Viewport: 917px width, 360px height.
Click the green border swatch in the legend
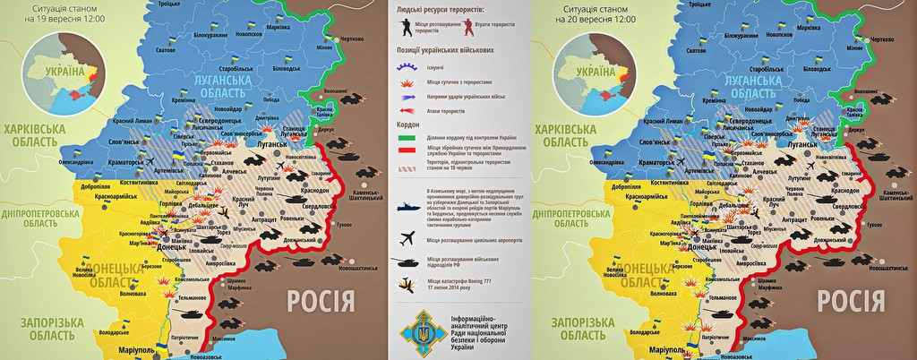click(407, 138)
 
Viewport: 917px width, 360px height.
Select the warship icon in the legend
click(407, 205)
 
